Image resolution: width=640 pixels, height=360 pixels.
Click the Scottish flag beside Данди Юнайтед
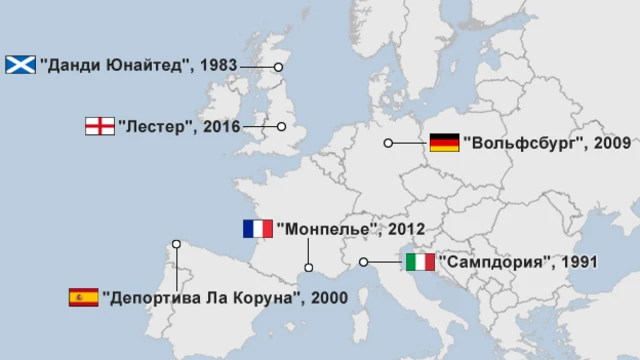coord(20,64)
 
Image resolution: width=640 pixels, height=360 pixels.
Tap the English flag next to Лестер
coord(99,126)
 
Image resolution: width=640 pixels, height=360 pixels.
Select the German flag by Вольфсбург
coord(444,143)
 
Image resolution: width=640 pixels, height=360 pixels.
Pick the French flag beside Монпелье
coord(257,229)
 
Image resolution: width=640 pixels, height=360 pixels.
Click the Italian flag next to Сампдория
coord(420,262)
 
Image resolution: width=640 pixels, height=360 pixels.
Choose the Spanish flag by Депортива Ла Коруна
coord(83,297)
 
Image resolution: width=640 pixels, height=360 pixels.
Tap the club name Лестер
coord(155,127)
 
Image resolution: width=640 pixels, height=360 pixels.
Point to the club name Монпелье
coord(328,229)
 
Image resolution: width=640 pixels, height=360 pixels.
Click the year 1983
coord(218,65)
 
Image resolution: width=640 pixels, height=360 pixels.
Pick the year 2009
coord(611,143)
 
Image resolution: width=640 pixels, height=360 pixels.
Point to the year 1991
coord(579,262)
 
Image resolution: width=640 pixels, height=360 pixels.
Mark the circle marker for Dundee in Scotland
coord(279,67)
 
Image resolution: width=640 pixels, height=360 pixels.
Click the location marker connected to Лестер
coord(282,127)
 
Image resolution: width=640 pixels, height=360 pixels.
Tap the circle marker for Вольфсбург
coord(388,143)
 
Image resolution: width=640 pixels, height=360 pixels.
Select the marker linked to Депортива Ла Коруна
coord(176,243)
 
